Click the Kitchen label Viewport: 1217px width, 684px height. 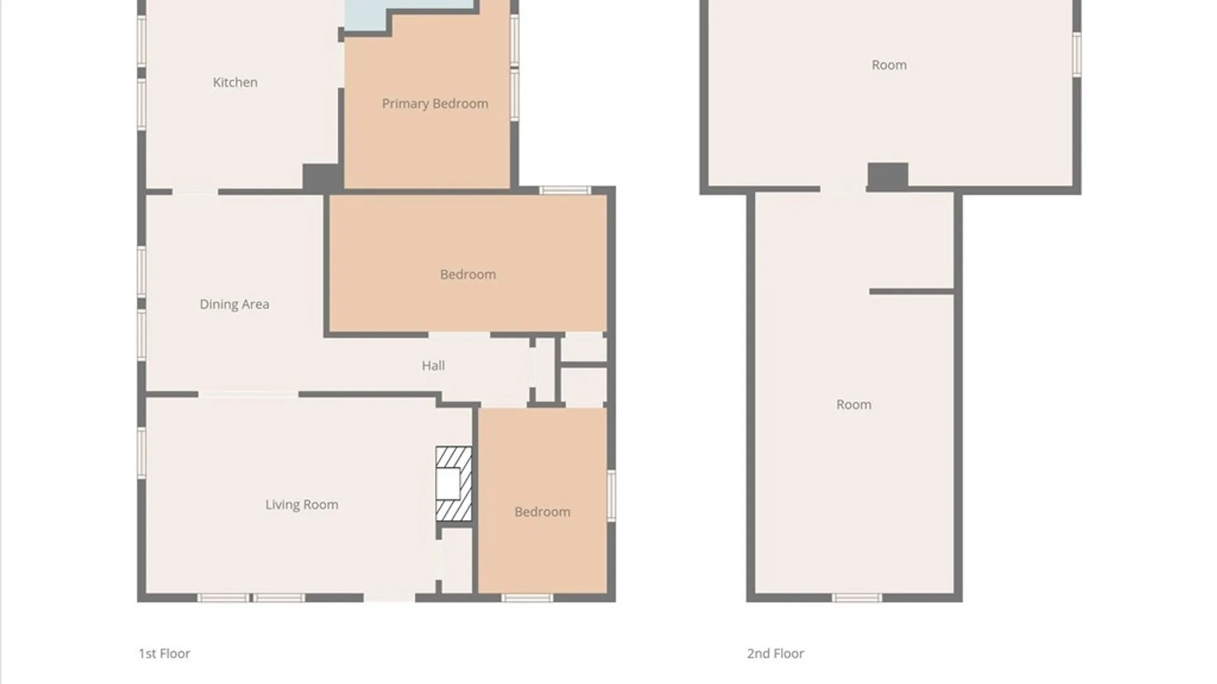coord(235,82)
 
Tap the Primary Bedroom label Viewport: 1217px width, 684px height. coord(435,104)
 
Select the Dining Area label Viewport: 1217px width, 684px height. coord(235,305)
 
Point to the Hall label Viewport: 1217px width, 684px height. coord(434,365)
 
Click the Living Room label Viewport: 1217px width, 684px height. coord(302,505)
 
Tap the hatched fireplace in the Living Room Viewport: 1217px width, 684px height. coord(454,484)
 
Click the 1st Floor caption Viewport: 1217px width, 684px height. coord(164,654)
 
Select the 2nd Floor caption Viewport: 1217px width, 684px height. coord(775,654)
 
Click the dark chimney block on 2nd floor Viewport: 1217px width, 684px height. coord(887,175)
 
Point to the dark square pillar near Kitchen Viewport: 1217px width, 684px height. coord(322,177)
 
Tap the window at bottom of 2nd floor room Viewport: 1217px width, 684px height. coord(856,598)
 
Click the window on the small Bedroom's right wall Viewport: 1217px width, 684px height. coord(612,495)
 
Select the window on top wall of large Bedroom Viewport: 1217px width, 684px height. coord(565,190)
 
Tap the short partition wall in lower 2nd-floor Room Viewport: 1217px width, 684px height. coord(911,291)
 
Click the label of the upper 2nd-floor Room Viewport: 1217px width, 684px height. coord(889,65)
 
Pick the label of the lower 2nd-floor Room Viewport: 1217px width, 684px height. coord(854,405)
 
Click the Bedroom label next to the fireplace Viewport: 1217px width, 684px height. coord(542,512)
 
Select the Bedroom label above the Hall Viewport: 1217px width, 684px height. coord(468,275)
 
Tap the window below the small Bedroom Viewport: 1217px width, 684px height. coord(527,598)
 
